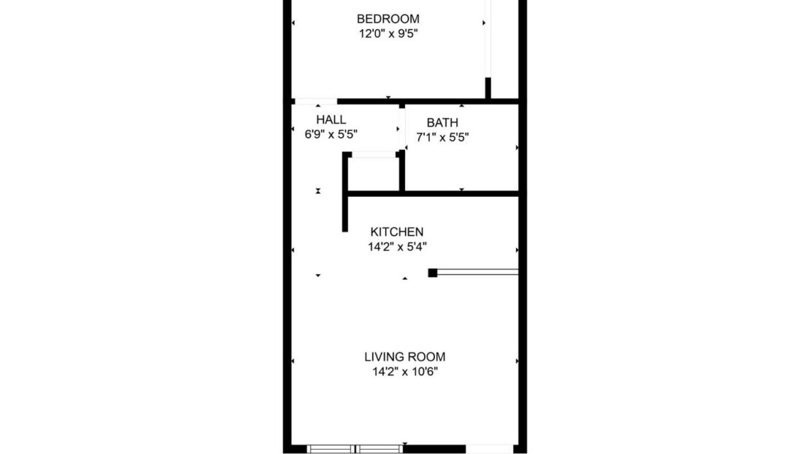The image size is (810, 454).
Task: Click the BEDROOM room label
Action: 387,19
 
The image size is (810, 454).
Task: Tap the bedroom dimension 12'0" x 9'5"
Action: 387,33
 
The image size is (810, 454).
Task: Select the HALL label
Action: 331,120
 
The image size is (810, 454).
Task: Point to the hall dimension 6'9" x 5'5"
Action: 331,134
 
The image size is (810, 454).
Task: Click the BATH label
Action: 442,122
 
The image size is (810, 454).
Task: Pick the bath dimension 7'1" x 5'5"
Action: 442,136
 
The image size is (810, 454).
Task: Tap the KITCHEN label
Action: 396,232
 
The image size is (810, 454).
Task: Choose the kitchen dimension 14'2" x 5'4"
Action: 396,246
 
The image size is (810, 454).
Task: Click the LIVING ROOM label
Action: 404,357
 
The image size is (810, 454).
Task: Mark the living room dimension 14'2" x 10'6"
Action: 404,372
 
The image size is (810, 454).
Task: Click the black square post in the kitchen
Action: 433,273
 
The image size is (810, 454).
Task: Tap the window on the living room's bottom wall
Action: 355,448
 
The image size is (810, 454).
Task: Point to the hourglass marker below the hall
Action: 318,191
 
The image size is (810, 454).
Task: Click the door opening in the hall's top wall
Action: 315,101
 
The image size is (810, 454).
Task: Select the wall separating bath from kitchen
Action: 460,193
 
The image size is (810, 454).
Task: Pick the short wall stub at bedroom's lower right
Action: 488,87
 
